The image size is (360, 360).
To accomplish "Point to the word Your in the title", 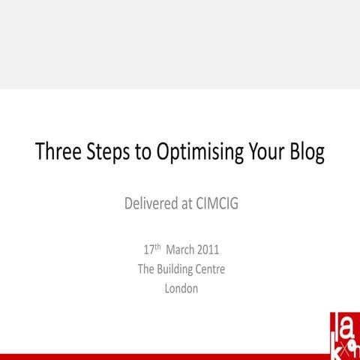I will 266,152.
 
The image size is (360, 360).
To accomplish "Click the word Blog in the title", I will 308,153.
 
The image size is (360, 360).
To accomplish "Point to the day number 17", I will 147,250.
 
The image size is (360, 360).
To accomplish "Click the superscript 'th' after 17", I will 157,247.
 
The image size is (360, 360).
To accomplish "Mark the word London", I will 181,289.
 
